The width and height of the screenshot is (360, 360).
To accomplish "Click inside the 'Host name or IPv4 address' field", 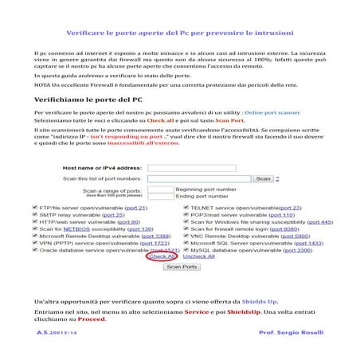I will [191, 168].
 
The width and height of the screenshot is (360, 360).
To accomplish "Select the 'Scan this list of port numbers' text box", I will [200, 178].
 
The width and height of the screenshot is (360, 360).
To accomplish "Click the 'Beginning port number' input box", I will [159, 190].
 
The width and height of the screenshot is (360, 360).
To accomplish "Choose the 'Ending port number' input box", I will [159, 196].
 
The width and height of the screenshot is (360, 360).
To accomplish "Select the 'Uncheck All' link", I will [199, 256].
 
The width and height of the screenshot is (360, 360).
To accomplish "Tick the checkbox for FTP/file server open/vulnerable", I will [37, 207].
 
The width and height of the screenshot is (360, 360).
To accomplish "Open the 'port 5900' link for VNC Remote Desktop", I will [302, 236].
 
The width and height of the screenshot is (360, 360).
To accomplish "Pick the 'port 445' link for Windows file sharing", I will [318, 221].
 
